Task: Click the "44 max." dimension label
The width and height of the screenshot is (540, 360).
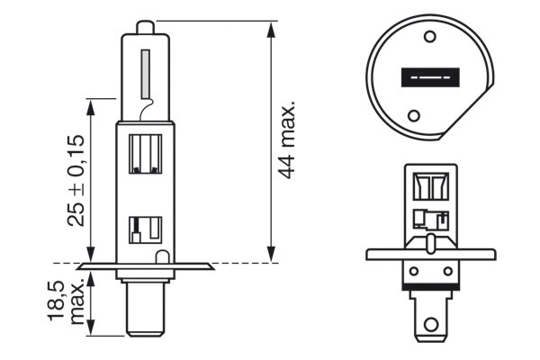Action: coord(287,140)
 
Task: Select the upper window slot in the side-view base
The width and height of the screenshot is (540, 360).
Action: coord(146,153)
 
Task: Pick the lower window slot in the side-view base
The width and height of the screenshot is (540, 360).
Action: coord(144,230)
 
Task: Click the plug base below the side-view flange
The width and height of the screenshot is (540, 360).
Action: coord(145,307)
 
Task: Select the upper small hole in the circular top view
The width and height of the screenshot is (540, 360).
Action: coord(429,37)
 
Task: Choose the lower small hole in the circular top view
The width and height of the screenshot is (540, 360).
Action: coord(414,116)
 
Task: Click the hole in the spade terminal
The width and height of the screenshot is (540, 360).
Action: coord(431,323)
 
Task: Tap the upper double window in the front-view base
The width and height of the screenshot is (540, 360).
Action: coord(430,187)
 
